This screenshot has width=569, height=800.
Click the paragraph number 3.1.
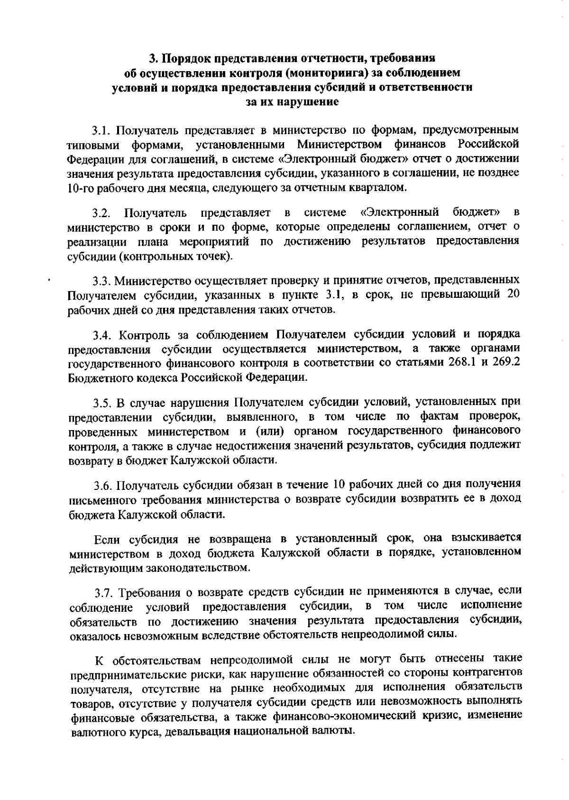(101, 130)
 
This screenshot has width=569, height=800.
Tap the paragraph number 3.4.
(102, 335)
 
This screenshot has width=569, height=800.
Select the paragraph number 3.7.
(104, 592)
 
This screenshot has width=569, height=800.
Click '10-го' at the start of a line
(80, 187)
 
